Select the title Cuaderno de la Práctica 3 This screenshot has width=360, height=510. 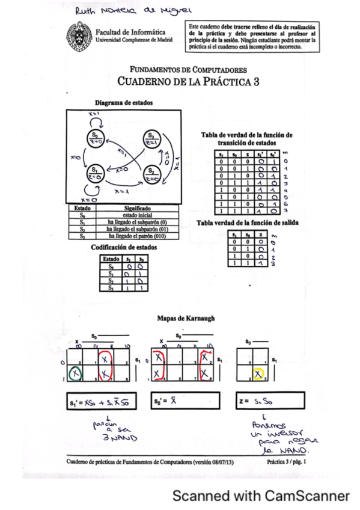pyautogui.click(x=184, y=82)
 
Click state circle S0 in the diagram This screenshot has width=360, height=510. pyautogui.click(x=96, y=137)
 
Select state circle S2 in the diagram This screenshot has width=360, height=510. pyautogui.click(x=151, y=174)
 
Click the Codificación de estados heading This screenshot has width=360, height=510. pyautogui.click(x=121, y=247)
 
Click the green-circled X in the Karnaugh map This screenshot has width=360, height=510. pyautogui.click(x=75, y=374)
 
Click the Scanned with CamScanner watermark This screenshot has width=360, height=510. pyautogui.click(x=261, y=496)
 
